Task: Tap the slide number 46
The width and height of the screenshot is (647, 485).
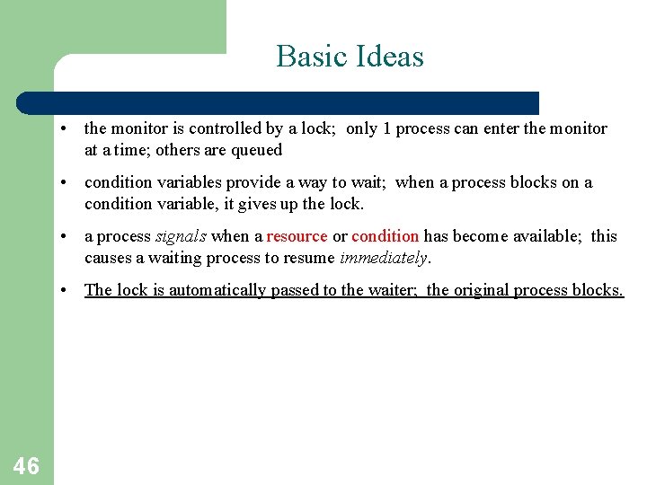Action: click(x=26, y=465)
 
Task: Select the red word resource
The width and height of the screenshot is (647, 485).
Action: click(x=297, y=236)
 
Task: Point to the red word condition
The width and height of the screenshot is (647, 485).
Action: click(x=385, y=236)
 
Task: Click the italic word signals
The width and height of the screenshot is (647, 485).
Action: click(x=182, y=236)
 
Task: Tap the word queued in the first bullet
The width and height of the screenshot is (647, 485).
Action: click(x=257, y=150)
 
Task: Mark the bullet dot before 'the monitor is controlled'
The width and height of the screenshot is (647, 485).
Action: click(x=66, y=129)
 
